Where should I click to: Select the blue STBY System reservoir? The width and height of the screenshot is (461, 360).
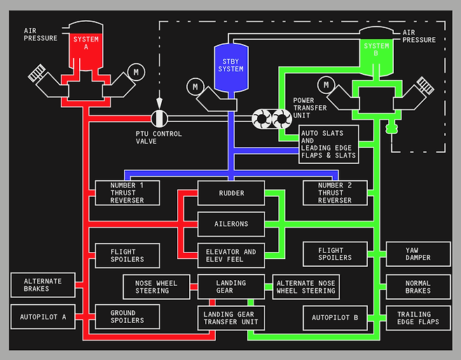(x=230, y=67)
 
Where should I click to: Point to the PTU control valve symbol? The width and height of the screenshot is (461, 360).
(x=160, y=118)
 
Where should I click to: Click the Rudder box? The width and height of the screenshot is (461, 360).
(x=230, y=193)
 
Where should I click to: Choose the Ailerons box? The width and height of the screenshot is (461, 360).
(x=230, y=224)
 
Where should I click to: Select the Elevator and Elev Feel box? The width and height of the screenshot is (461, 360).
(x=230, y=256)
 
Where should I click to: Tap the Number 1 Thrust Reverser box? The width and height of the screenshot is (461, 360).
(x=127, y=193)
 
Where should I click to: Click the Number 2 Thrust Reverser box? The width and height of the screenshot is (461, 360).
(x=335, y=193)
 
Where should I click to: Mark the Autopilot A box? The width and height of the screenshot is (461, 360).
(x=43, y=317)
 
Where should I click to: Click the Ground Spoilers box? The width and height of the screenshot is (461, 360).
(x=127, y=317)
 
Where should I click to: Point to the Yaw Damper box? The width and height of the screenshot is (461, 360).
(x=418, y=254)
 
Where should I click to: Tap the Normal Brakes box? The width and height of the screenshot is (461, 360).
(x=418, y=286)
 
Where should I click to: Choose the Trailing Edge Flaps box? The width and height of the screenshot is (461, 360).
(x=418, y=318)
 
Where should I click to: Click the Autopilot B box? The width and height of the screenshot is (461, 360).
(x=335, y=318)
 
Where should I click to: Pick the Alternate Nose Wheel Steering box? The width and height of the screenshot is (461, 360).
(x=305, y=286)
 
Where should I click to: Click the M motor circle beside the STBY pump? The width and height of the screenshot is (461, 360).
(x=195, y=88)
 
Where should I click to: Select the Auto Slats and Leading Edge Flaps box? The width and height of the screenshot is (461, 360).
(x=329, y=144)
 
